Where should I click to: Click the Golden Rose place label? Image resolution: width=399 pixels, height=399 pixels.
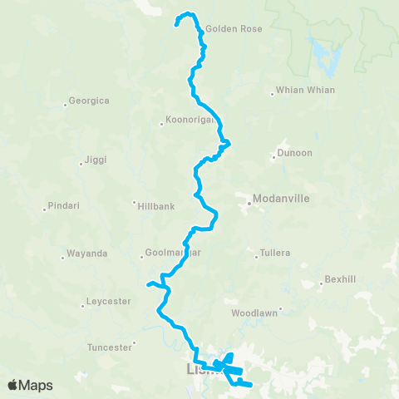click(x=234, y=28)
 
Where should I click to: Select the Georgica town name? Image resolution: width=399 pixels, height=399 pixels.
click(x=90, y=101)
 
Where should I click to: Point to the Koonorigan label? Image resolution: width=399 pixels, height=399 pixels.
click(x=190, y=122)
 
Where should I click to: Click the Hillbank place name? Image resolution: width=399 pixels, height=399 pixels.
click(x=157, y=204)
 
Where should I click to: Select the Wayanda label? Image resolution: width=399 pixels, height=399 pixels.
click(x=88, y=254)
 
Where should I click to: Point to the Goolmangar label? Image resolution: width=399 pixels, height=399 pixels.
click(x=173, y=253)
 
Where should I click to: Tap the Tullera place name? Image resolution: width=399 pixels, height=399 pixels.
click(x=278, y=252)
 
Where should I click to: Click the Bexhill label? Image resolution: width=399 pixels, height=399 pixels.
click(x=341, y=279)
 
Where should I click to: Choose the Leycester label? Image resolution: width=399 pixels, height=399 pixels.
click(x=108, y=301)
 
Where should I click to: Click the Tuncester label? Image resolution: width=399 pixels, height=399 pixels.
click(x=110, y=347)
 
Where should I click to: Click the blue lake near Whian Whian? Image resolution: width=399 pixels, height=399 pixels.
click(x=320, y=55)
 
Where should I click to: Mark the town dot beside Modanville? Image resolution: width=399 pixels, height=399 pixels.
click(x=248, y=200)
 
